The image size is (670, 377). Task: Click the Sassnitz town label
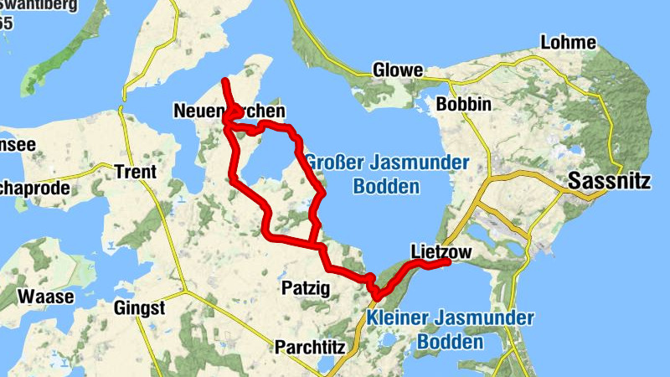612,179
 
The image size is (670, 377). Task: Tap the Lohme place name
569,43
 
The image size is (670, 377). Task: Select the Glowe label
398,70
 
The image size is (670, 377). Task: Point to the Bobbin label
463,105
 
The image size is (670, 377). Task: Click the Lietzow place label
442,250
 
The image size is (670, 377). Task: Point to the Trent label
136,172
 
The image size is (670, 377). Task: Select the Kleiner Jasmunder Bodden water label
451,330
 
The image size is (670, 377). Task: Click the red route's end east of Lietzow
448,262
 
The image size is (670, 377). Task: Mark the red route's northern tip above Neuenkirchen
224,80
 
